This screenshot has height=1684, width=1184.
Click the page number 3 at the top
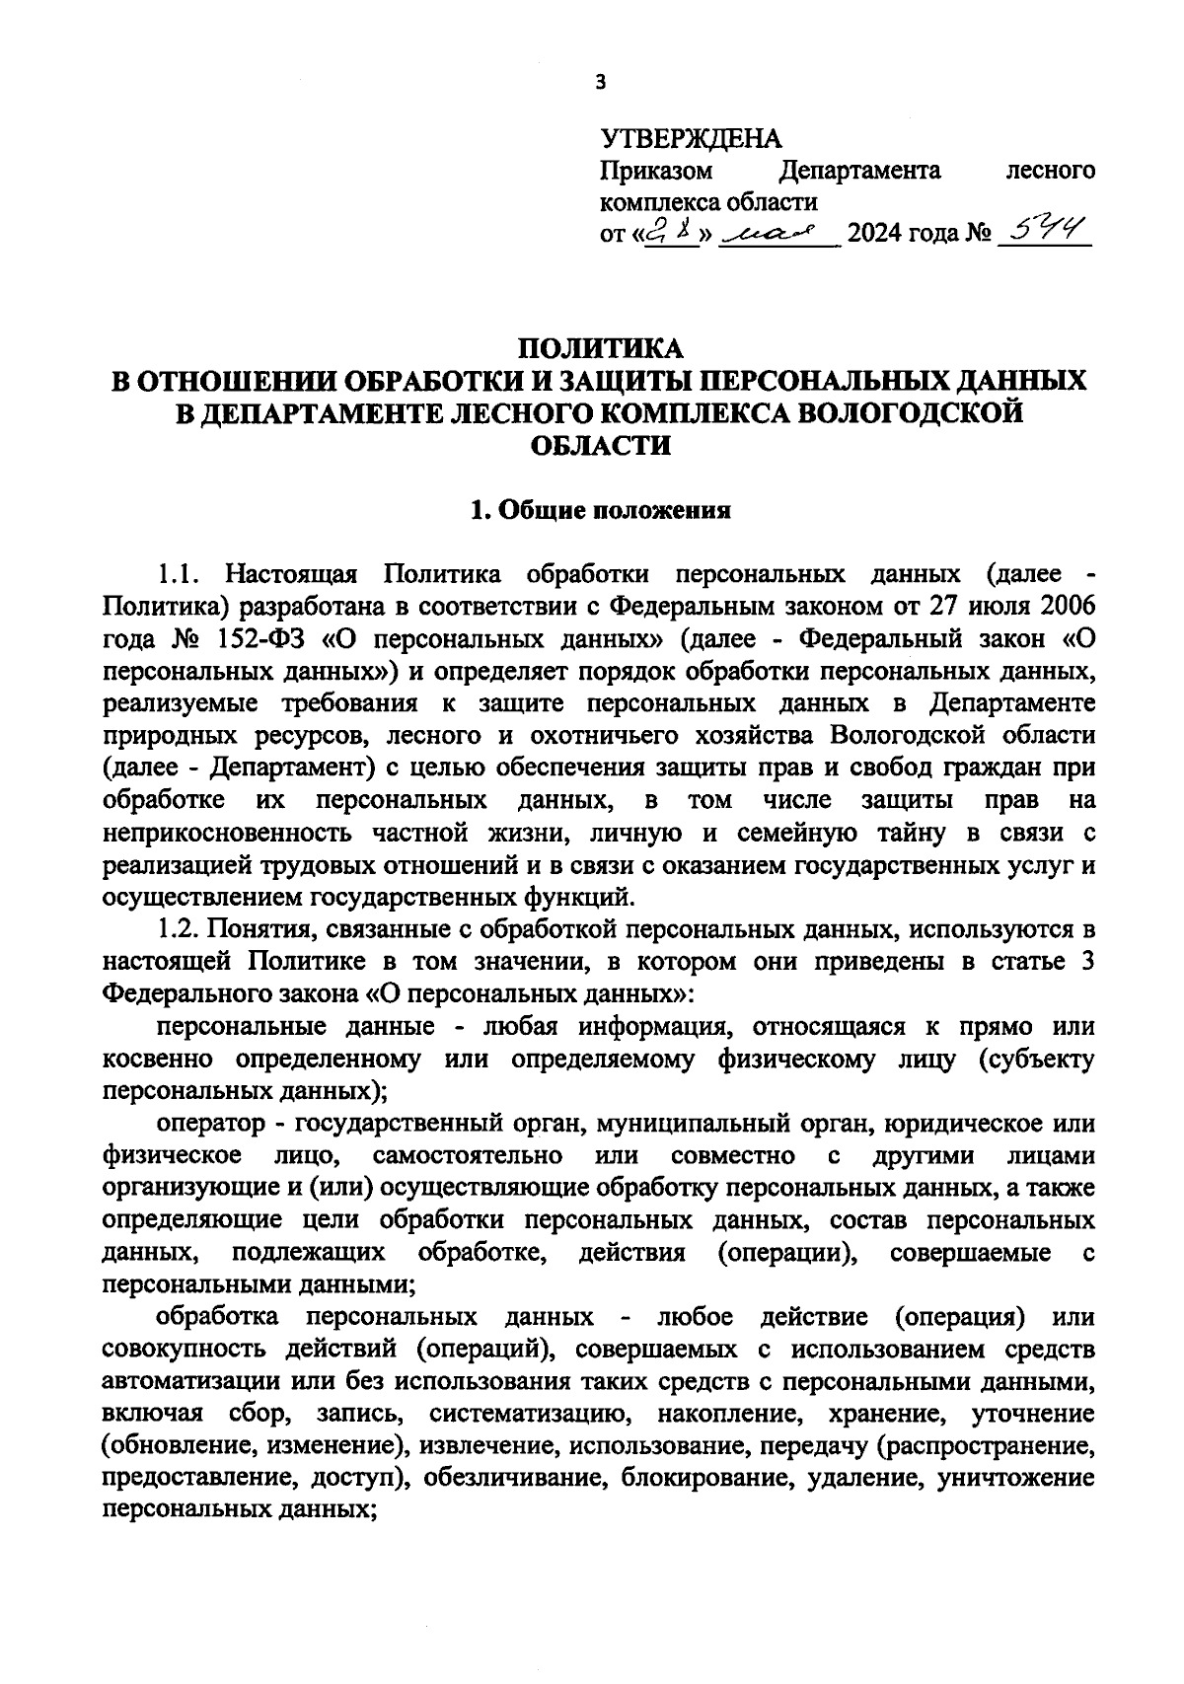click(600, 83)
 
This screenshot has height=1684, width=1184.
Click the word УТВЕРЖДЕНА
click(691, 138)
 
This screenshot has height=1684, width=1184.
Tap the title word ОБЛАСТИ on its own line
click(600, 445)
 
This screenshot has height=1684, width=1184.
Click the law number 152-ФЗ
click(257, 638)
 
